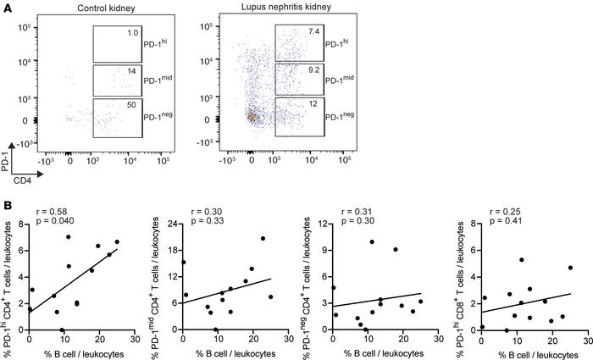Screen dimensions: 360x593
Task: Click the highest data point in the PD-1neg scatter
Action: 371,242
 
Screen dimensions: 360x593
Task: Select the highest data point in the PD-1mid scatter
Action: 263,238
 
